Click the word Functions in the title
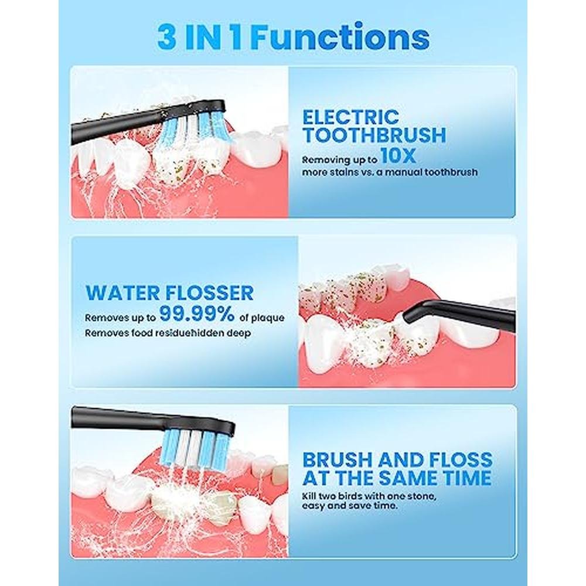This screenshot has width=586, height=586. [x=342, y=38]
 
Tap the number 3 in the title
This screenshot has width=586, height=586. [x=166, y=38]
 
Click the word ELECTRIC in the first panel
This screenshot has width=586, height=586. [x=351, y=117]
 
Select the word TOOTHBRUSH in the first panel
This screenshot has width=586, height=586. [x=374, y=135]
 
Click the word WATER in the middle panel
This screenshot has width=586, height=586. [x=122, y=293]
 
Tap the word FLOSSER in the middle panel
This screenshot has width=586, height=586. [x=209, y=293]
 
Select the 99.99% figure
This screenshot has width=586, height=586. [x=197, y=314]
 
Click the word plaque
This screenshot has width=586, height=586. [x=267, y=318]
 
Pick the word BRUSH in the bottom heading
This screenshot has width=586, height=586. [x=337, y=460]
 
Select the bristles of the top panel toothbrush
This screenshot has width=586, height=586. [x=194, y=130]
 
